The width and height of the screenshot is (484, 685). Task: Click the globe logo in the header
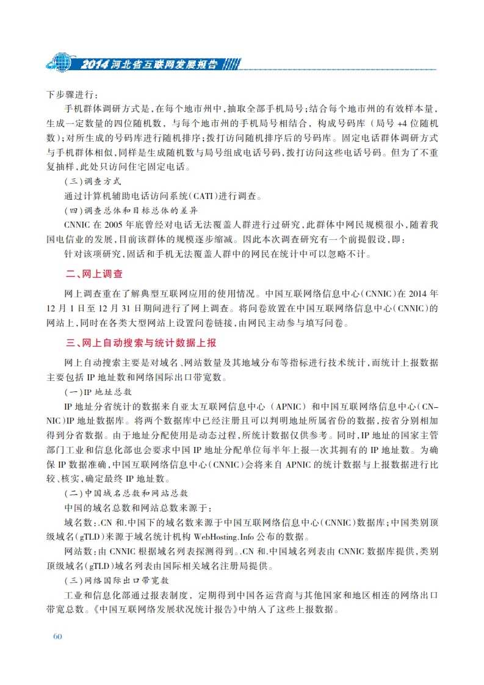(59, 62)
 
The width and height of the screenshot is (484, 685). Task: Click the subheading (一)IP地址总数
(98, 391)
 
